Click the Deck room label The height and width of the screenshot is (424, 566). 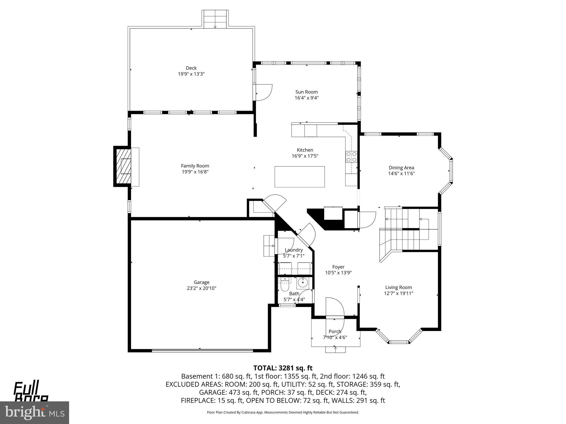(x=191, y=68)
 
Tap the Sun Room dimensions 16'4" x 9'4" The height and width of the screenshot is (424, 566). (x=306, y=98)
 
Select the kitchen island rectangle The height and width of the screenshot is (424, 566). (x=300, y=177)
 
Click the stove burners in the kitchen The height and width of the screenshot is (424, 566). (x=351, y=157)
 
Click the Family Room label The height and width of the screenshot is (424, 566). (x=195, y=166)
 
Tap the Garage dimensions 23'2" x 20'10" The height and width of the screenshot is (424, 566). (x=201, y=288)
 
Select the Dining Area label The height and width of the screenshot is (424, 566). (x=401, y=168)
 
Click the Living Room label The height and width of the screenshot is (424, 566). (x=399, y=287)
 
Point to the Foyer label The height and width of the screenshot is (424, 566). (x=338, y=267)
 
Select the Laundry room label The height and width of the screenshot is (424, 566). (x=294, y=250)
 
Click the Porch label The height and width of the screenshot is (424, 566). (x=335, y=331)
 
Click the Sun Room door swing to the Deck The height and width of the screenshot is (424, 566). (x=264, y=92)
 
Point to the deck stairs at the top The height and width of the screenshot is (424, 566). (x=215, y=19)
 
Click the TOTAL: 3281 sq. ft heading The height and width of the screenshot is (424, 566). (x=283, y=368)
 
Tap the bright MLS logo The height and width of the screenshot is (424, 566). (x=35, y=412)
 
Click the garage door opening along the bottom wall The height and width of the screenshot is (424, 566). (x=202, y=351)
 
